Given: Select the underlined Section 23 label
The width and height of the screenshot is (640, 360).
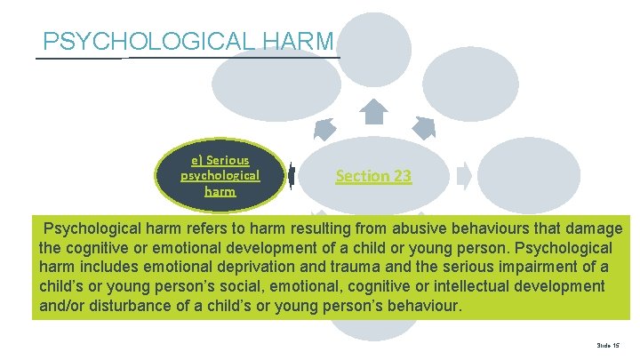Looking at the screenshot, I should [x=373, y=176].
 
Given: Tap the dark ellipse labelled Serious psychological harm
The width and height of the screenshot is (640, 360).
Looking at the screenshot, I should [x=220, y=176].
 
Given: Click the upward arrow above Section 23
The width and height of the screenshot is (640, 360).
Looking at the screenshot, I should [x=373, y=111].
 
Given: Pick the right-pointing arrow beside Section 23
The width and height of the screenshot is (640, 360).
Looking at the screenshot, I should [x=464, y=175].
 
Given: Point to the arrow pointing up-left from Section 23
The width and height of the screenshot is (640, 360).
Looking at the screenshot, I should [x=324, y=130].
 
